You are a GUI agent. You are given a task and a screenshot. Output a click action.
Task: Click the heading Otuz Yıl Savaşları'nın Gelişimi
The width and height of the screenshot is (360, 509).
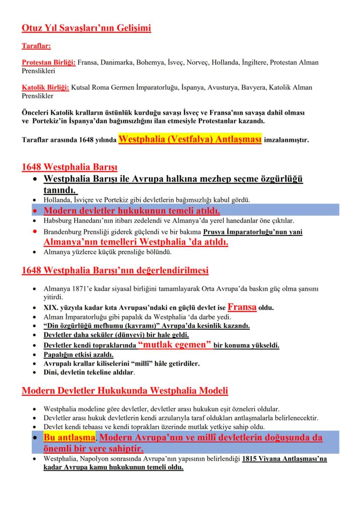pos(87,29)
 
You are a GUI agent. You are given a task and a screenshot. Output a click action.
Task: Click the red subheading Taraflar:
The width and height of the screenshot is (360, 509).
pos(37,45)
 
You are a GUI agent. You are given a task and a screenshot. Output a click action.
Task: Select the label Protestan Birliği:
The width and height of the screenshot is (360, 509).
pos(49,63)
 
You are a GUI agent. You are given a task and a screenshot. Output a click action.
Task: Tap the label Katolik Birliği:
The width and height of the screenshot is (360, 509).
pos(46,88)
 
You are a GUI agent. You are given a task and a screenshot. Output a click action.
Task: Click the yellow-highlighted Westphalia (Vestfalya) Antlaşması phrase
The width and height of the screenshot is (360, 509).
pos(190,140)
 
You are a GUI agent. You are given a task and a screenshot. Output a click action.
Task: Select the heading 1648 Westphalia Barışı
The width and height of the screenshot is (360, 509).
pos(70,167)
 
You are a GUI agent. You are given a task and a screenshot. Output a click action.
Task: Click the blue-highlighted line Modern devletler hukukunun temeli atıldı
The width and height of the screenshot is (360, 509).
pos(132,211)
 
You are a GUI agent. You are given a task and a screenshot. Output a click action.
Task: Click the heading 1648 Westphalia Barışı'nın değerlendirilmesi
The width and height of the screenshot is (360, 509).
pos(115,270)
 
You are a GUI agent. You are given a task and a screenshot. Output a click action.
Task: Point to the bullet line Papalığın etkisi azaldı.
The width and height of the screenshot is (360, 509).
pos(76,355)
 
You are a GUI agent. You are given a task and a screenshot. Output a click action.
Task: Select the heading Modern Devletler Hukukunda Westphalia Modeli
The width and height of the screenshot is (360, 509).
pos(125,390)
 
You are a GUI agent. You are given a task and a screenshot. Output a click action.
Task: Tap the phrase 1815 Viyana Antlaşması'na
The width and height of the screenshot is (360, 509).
pos(284,459)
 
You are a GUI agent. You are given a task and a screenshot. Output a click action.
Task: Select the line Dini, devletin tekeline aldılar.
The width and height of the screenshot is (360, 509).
pos(89,372)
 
